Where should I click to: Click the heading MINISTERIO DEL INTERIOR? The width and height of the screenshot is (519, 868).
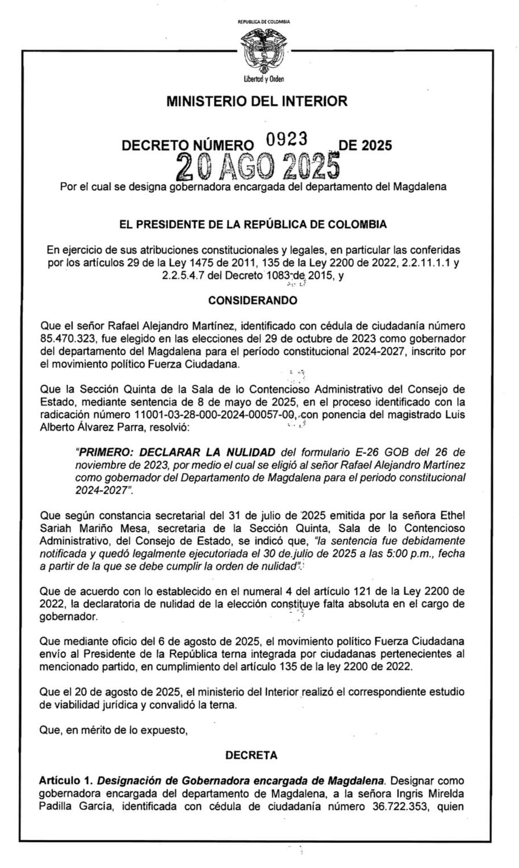click(x=257, y=102)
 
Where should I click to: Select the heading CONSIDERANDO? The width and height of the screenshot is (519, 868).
click(x=252, y=300)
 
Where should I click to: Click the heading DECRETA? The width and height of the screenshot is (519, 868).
click(x=251, y=755)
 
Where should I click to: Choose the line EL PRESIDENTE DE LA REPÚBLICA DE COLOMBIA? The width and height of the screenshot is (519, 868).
click(x=253, y=224)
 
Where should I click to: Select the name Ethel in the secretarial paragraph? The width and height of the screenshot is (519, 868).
click(x=452, y=516)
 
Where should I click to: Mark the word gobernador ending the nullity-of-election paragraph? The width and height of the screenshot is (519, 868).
click(x=68, y=616)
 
